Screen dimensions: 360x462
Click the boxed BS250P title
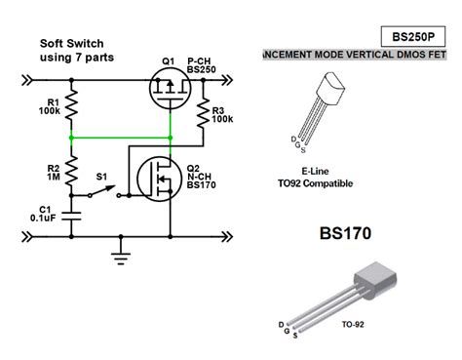412,36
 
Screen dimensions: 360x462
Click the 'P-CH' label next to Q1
200,60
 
